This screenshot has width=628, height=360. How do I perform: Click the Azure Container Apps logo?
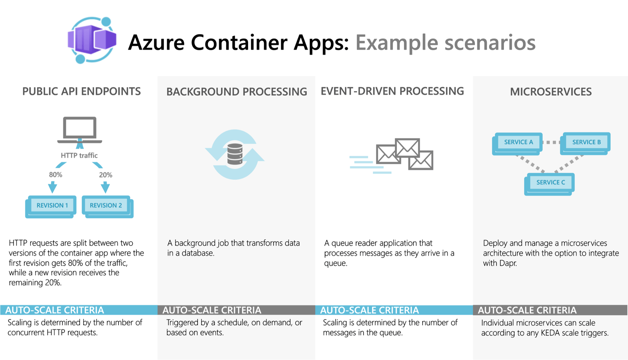pyautogui.click(x=92, y=40)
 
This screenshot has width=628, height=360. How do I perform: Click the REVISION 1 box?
pyautogui.click(x=52, y=205)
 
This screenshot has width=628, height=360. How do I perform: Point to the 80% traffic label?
pyautogui.click(x=55, y=175)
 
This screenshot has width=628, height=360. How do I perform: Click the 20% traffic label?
pyautogui.click(x=106, y=175)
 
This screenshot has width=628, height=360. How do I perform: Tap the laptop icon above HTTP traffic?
pyautogui.click(x=80, y=130)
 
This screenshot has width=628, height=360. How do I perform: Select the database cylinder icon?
pyautogui.click(x=235, y=154)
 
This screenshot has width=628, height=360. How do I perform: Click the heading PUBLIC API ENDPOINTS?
pyautogui.click(x=81, y=91)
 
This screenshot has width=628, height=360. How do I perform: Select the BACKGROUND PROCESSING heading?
pyautogui.click(x=237, y=92)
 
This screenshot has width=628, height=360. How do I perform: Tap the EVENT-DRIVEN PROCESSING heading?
pyautogui.click(x=392, y=91)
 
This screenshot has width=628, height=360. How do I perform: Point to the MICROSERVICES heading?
pyautogui.click(x=551, y=92)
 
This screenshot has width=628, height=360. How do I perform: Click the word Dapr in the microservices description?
pyautogui.click(x=508, y=263)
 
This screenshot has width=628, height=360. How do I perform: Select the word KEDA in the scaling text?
pyautogui.click(x=551, y=333)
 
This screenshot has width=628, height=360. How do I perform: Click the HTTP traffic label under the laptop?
pyautogui.click(x=79, y=155)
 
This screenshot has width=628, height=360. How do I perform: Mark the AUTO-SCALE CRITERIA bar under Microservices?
pyautogui.click(x=550, y=310)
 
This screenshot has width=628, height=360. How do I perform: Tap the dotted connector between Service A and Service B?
pyautogui.click(x=553, y=142)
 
